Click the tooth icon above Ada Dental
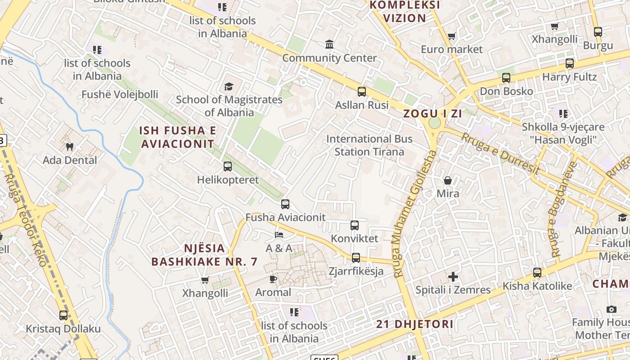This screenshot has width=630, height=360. click(69, 147)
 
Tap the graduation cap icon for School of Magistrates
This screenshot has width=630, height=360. click(229, 86)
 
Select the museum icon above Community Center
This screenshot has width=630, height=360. click(329, 45)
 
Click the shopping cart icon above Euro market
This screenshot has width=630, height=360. click(451, 36)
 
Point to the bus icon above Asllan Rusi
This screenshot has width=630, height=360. click(361, 92)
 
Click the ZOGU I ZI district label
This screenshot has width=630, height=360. click(432, 113)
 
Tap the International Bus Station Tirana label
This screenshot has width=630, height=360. click(369, 145)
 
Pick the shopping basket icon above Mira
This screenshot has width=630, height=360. click(448, 180)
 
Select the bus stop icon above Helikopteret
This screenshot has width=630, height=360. click(228, 166)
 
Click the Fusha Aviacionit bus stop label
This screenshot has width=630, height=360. click(285, 217)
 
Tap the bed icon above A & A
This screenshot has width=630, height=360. click(279, 235)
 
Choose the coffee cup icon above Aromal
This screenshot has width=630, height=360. click(273, 279)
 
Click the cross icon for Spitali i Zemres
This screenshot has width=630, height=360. click(453, 277)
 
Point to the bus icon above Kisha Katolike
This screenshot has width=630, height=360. click(537, 273)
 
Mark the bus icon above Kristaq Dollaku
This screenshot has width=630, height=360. click(63, 315)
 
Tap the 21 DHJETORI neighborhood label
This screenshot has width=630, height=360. click(414, 324)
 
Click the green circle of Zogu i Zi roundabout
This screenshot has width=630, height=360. click(434, 123)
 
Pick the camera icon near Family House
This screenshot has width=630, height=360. click(611, 309)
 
